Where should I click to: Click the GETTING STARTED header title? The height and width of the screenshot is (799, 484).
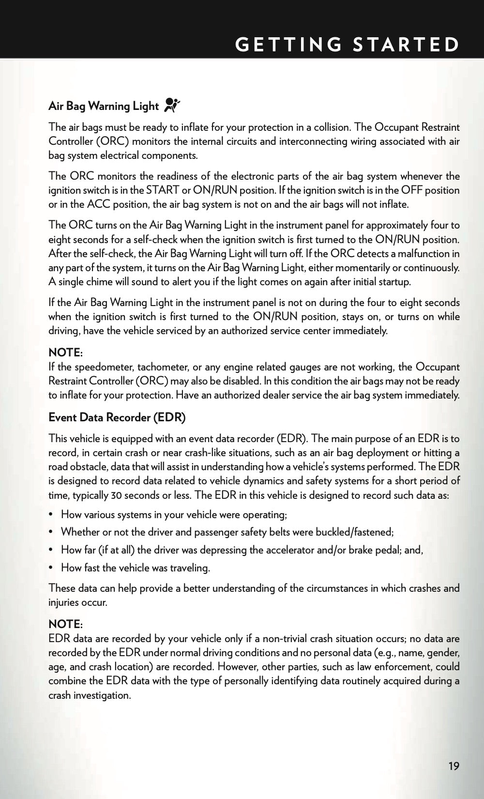pos(347,44)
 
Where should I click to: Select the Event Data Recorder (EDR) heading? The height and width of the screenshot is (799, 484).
pos(117,417)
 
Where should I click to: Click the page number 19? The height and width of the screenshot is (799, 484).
pos(454,766)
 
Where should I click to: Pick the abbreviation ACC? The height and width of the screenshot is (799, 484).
pos(99,204)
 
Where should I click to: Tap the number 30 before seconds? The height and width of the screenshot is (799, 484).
pos(117,495)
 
